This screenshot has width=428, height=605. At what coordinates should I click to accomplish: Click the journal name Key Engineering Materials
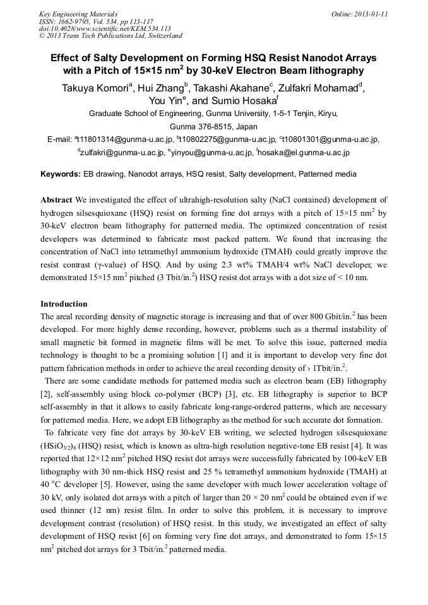(x=78, y=14)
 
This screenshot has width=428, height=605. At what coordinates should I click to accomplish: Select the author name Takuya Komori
(x=94, y=88)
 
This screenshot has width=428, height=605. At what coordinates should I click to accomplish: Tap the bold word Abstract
(x=56, y=199)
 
